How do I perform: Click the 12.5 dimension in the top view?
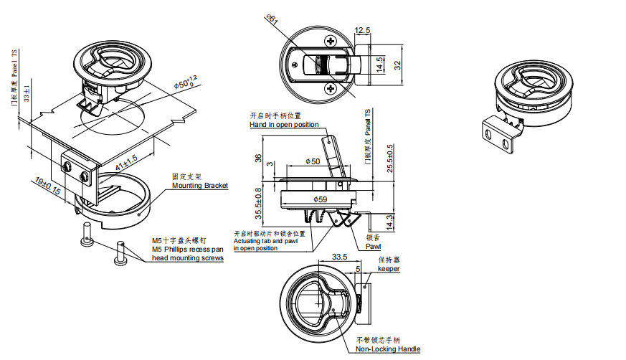(362, 30)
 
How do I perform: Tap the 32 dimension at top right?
(397, 64)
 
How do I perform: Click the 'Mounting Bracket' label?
(199, 186)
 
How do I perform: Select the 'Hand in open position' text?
(284, 125)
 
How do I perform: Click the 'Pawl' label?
(373, 246)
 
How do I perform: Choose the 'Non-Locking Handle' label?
(388, 349)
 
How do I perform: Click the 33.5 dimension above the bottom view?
(340, 257)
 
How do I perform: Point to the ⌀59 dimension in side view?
(320, 199)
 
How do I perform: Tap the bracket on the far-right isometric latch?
(499, 136)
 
